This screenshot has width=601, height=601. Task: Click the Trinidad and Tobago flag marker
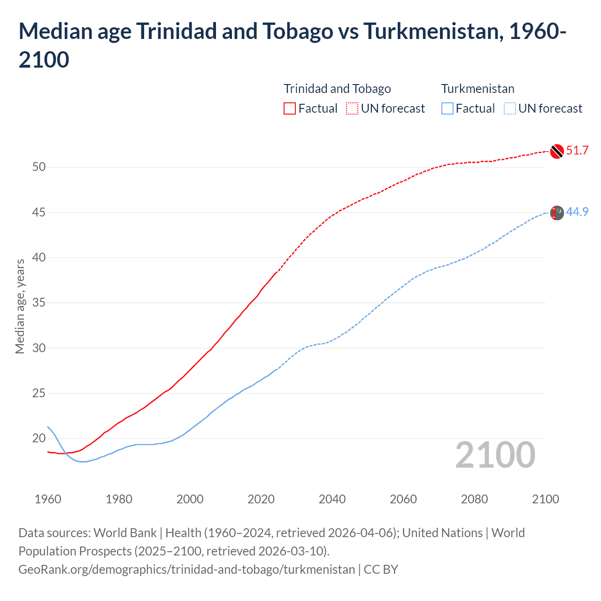click(x=556, y=151)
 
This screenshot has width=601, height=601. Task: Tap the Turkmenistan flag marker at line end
click(x=556, y=213)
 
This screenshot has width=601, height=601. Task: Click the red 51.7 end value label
click(x=577, y=151)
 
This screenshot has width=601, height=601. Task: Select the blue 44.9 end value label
click(x=577, y=212)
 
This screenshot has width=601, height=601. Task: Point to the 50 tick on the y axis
click(x=39, y=167)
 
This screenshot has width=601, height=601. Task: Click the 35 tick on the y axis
click(x=39, y=303)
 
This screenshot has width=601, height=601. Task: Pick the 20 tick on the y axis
click(x=39, y=439)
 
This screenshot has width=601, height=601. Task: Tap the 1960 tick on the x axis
click(x=48, y=499)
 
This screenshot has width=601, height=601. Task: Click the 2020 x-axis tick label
click(x=261, y=499)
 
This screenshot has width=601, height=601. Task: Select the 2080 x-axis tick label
click(x=474, y=499)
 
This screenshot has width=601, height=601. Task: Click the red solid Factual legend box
click(x=290, y=108)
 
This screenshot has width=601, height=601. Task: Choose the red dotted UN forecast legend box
click(x=352, y=108)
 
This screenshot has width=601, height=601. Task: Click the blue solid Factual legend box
click(x=447, y=108)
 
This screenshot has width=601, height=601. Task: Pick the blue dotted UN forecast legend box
click(x=509, y=108)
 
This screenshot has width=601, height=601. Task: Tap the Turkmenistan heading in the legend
click(x=478, y=89)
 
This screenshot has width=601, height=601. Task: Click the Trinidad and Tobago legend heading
click(x=337, y=89)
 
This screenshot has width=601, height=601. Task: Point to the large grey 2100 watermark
click(x=495, y=455)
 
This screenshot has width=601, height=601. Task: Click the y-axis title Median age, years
click(x=20, y=306)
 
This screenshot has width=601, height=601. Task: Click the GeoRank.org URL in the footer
click(x=186, y=570)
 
